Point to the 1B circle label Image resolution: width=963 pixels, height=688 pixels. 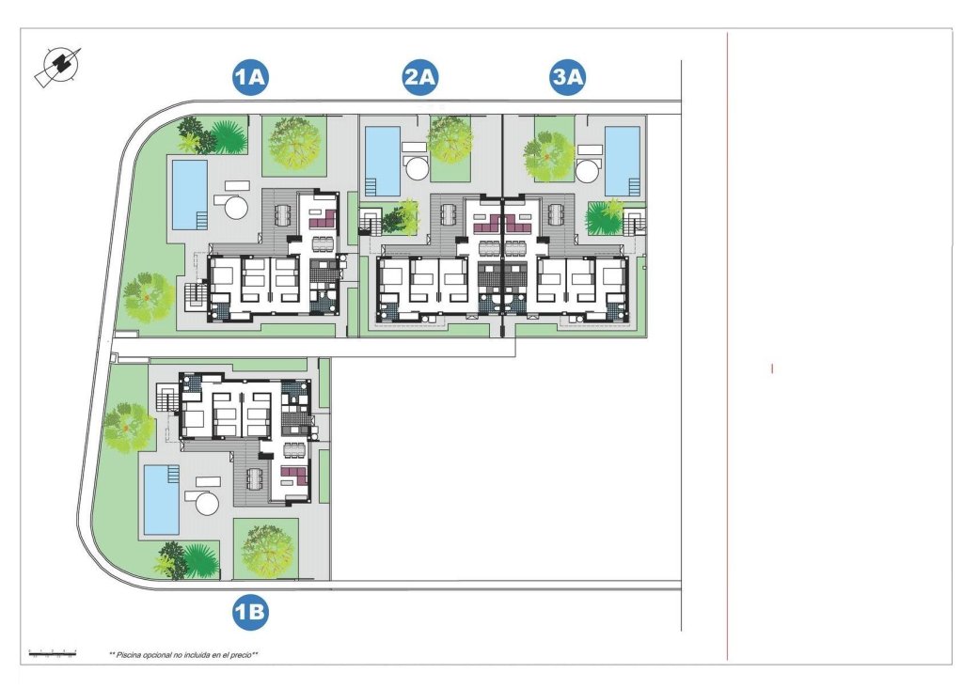[x=251, y=614]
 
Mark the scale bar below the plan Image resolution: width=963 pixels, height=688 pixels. [x=52, y=651]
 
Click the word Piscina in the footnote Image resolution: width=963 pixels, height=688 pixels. [x=134, y=654]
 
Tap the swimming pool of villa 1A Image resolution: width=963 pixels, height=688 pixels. [x=189, y=194]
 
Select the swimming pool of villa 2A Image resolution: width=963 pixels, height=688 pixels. [x=382, y=154]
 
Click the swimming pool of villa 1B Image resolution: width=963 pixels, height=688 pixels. [x=160, y=498]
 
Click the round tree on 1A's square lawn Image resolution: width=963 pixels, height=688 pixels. [x=293, y=144]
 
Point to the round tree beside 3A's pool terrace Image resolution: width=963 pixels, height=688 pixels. [x=548, y=154]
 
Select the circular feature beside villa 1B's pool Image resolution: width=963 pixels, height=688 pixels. [x=207, y=502]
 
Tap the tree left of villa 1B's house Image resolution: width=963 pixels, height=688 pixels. [x=127, y=428]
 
